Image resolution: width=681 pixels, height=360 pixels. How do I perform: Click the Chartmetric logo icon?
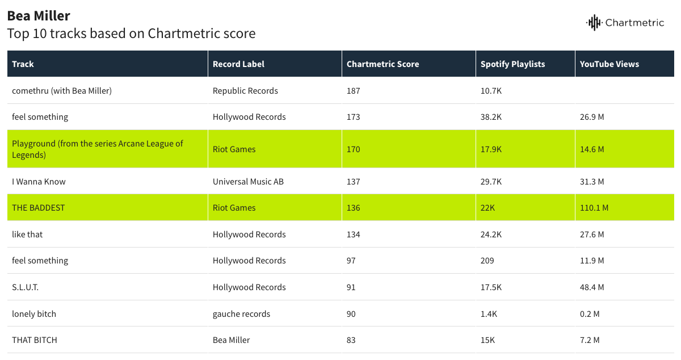(x=594, y=23)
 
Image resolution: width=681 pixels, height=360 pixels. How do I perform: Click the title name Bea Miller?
(x=39, y=15)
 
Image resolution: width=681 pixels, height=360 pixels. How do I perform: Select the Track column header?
(x=23, y=64)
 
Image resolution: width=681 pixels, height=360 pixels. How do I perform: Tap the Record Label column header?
(x=238, y=64)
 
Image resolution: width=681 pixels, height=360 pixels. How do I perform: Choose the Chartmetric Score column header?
(x=382, y=64)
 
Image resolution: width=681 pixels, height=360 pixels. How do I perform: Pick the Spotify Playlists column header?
(x=512, y=64)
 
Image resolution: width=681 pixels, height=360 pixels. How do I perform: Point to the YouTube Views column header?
(x=609, y=64)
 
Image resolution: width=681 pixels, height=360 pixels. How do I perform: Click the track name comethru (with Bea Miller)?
(x=62, y=91)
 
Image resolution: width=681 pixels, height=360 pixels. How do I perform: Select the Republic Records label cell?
(x=245, y=91)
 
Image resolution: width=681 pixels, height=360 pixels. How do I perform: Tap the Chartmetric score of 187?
(x=354, y=91)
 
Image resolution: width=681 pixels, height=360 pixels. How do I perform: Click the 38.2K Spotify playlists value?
(x=491, y=117)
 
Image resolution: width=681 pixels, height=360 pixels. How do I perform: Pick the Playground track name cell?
(x=98, y=149)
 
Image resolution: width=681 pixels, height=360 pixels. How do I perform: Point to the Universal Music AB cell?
(x=248, y=182)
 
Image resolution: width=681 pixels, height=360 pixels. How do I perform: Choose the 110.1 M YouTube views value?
(x=594, y=208)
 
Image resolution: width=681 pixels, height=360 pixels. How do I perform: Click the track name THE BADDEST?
(x=39, y=208)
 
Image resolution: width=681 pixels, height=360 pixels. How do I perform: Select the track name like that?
(x=27, y=235)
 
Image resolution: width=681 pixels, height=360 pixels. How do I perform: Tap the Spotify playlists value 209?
(x=487, y=261)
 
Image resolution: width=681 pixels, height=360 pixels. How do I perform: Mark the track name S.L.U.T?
(x=26, y=287)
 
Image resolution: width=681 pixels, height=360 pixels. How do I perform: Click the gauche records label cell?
(x=241, y=314)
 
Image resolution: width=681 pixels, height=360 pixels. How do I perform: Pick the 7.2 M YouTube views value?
(x=590, y=340)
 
